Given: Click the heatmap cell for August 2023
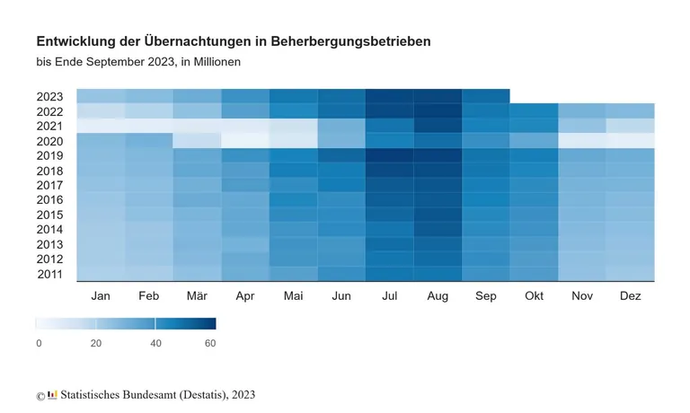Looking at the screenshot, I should point(438,96).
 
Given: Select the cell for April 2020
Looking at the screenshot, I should point(244,140).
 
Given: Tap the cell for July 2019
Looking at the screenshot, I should point(389,155).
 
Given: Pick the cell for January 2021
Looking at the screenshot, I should point(100,126).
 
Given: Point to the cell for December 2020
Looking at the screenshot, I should point(630,140).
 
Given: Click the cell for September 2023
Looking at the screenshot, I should point(485,96).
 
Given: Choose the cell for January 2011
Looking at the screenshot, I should point(100,273).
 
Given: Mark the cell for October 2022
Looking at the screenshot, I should point(534,110).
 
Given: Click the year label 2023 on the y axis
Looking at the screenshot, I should point(50,97).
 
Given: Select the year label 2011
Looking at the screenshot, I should point(50,274).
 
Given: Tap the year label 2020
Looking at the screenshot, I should point(50,141).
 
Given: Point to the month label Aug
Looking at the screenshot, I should point(438,295).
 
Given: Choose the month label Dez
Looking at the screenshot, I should point(630,295).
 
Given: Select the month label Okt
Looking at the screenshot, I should point(534,295).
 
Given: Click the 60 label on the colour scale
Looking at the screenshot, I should point(210,343).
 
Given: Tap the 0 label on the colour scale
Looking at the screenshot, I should point(39,343).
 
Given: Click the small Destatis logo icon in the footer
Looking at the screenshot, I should point(52,394).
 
